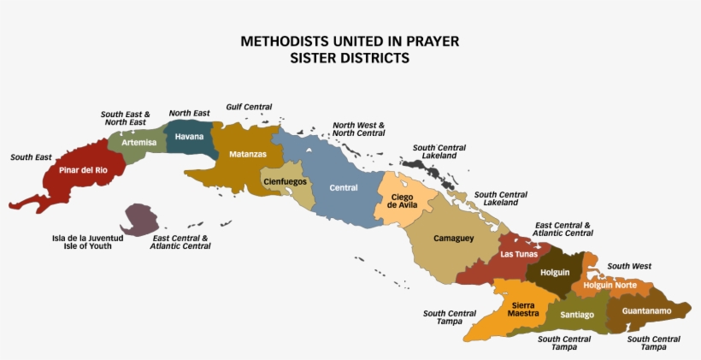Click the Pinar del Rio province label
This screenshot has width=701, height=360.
coord(83,169)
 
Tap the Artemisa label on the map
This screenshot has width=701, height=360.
coord(138,143)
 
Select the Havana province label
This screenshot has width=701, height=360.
coord(188,136)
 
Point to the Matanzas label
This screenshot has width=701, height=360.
coord(248,155)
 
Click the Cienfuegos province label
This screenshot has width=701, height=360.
coord(285,181)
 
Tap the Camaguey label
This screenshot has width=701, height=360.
coord(453,238)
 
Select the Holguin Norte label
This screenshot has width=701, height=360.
coord(610,285)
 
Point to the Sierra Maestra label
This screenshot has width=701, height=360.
coord(524,309)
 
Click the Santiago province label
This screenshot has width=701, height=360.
coord(577,315)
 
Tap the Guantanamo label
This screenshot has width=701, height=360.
coord(646,310)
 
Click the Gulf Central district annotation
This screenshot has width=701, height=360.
coord(249,108)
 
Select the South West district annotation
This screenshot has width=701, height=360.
coord(629,267)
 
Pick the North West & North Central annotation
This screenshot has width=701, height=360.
coord(359,129)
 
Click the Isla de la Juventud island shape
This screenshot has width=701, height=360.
coord(139,220)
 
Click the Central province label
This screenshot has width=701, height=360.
coord(344,188)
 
